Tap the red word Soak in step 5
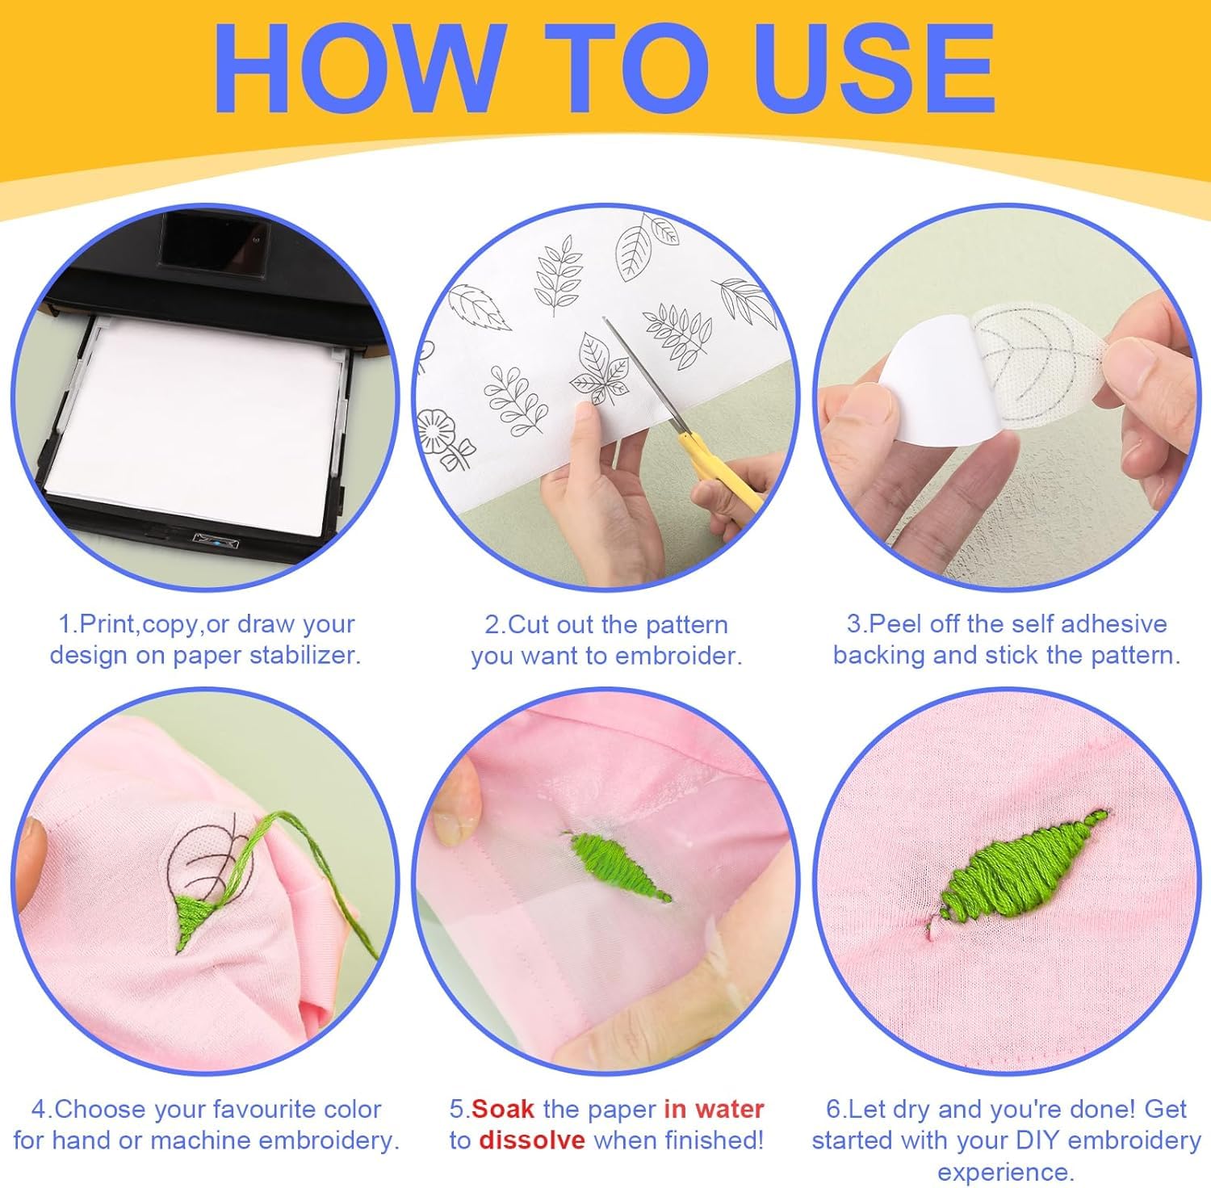tap(503, 1109)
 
